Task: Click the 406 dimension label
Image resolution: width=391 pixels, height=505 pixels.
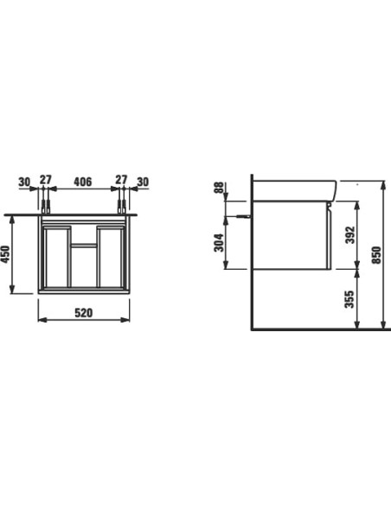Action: point(83,182)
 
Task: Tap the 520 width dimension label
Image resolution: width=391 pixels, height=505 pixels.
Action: point(83,313)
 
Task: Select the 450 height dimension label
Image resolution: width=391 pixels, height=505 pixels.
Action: point(6,254)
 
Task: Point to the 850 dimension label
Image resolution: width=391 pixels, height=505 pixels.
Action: point(376,255)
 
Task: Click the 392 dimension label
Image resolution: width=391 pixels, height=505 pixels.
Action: point(350,235)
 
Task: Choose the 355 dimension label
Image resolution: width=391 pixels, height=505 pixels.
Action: point(349,299)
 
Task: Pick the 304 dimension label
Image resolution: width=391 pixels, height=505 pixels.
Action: point(219,242)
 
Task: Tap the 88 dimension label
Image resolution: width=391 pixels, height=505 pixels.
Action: point(219,189)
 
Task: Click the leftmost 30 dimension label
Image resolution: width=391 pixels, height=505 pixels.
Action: point(24,182)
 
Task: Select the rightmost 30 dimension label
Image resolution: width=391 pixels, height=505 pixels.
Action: point(143,182)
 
